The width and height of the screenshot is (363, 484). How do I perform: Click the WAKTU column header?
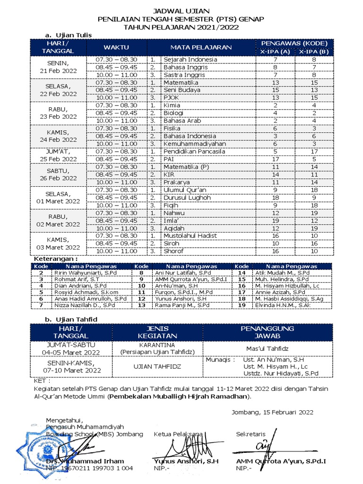pos(116,47)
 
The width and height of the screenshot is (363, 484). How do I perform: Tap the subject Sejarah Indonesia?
pos(190,60)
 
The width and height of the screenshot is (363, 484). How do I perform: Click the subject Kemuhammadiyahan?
pos(194,144)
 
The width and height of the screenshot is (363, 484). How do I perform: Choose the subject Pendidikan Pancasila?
pos(194,152)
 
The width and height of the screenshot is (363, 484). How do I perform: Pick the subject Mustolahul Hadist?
pos(193,235)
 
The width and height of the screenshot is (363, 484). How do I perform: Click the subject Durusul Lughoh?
pos(187,198)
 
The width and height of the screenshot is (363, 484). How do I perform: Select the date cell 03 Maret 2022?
pos(59,247)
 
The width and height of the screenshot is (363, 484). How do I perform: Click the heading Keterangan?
pos(55,259)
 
